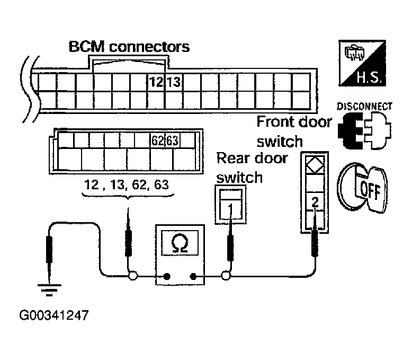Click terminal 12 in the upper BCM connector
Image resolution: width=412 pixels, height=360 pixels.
pos(156,82)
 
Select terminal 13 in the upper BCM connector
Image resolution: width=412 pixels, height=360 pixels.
pos(173,82)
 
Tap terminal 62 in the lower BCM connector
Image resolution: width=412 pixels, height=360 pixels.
pos(157,141)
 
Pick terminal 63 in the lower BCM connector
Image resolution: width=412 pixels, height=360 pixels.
pos(172,141)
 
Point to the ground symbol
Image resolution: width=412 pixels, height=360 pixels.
pos(48,289)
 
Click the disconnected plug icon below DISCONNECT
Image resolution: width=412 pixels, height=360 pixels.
pos(365,129)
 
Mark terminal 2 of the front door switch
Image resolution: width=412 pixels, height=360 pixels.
pos(315,202)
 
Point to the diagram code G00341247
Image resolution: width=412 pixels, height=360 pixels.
pos(53,316)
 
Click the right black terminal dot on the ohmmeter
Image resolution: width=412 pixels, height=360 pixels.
pos(194,276)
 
